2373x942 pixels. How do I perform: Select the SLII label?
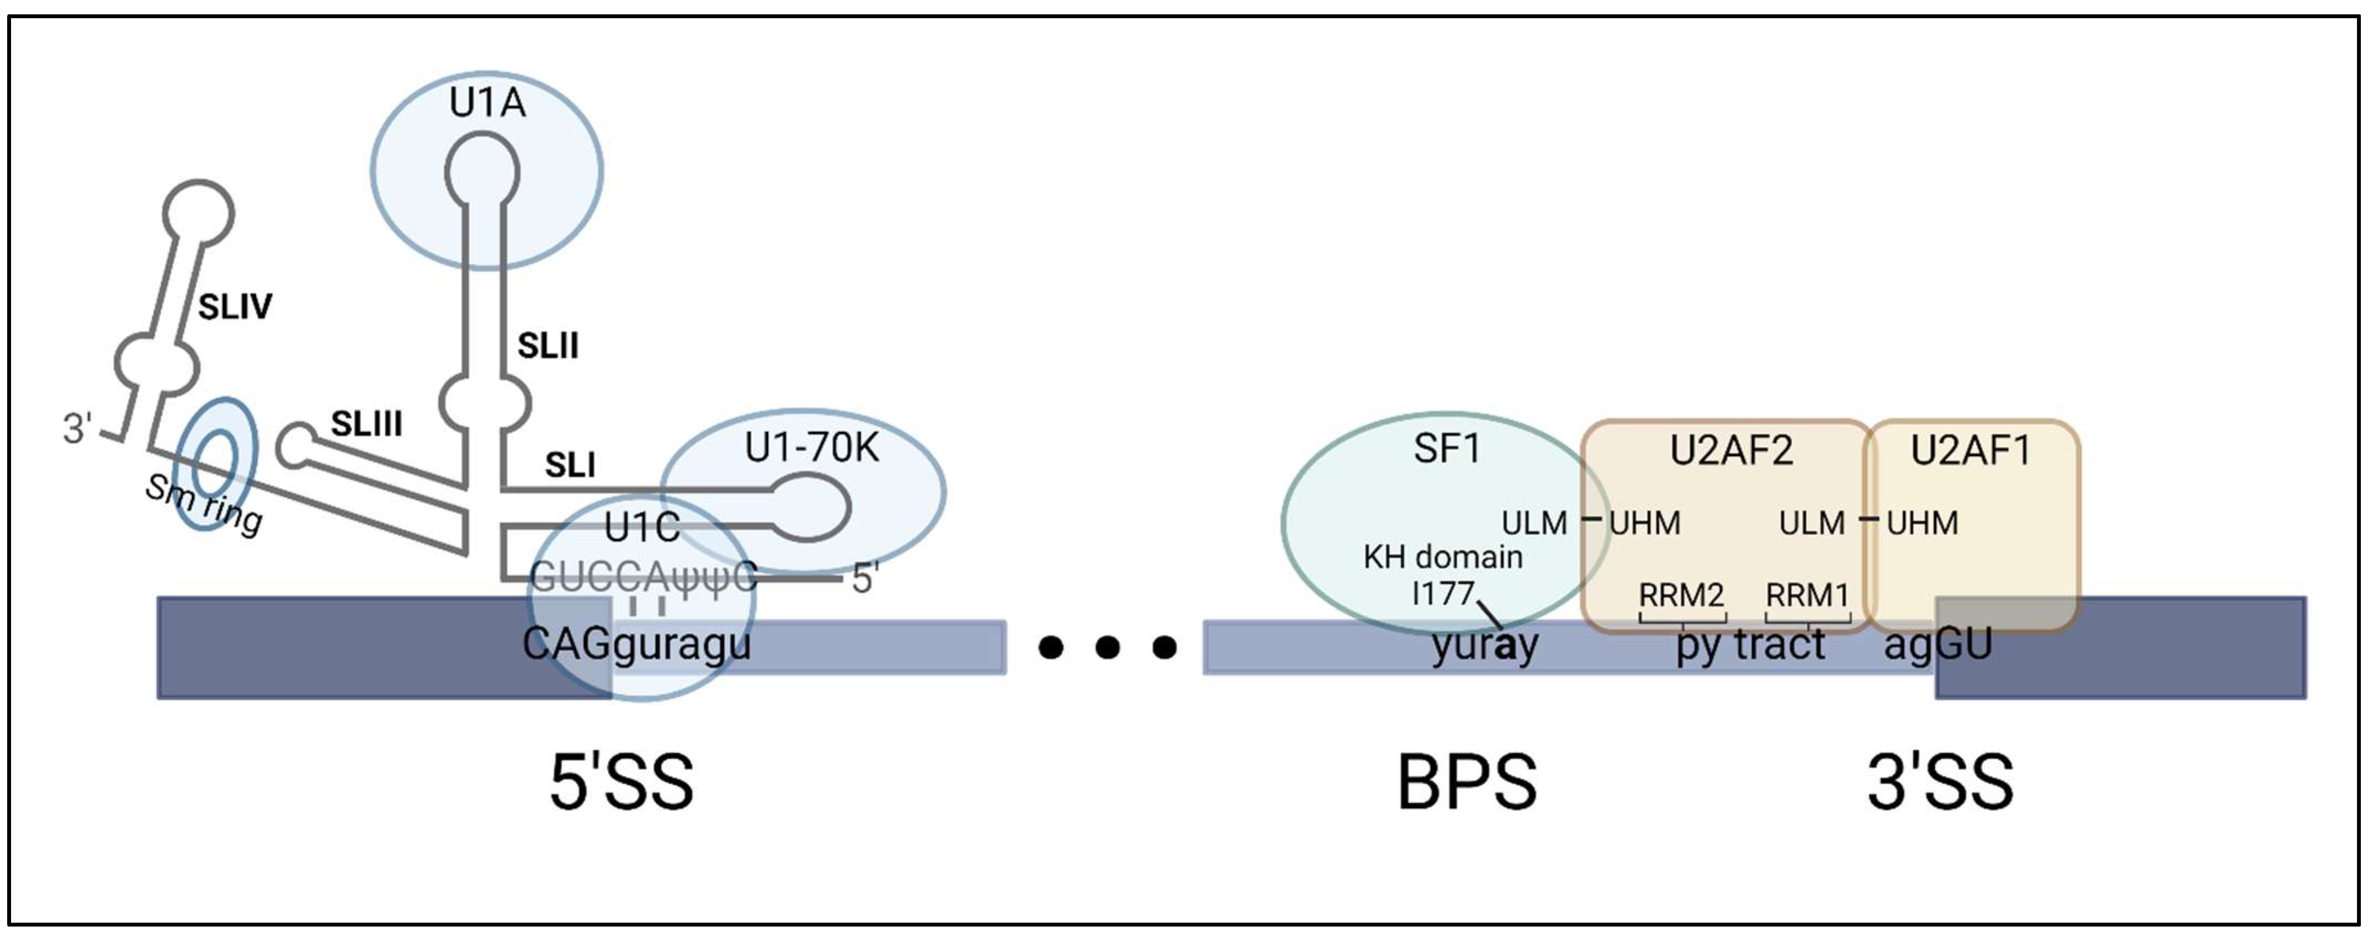coord(548,346)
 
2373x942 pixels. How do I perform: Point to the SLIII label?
coord(367,424)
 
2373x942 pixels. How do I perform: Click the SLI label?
coord(570,465)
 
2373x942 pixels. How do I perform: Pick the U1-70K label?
coord(811,449)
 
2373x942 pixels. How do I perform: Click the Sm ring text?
coord(204,504)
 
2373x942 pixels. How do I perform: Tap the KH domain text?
coord(1442,557)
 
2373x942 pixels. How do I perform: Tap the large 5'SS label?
coord(621,783)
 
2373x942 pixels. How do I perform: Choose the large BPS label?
coord(1467,783)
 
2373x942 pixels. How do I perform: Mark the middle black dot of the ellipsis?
coord(1107,647)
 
